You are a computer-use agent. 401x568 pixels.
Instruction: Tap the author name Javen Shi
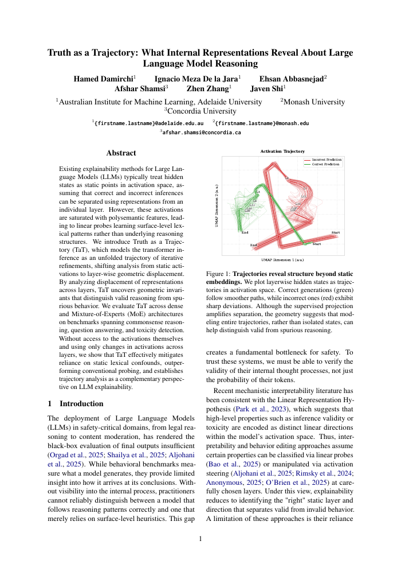pos(268,89)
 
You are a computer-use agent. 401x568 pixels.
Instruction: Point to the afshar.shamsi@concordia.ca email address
pos(200,132)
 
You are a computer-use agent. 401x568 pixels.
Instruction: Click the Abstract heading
pos(121,153)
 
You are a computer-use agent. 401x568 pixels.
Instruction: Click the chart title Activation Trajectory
pos(282,151)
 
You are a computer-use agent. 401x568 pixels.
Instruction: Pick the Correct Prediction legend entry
pos(324,164)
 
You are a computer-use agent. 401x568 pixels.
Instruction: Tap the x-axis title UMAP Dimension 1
pos(282,260)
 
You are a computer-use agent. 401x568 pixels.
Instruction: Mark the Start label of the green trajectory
pos(316,244)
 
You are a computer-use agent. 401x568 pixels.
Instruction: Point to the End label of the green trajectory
pos(245,232)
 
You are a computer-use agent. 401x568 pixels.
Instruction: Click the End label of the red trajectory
pos(253,246)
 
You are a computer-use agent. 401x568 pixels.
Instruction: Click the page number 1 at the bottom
pos(200,539)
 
